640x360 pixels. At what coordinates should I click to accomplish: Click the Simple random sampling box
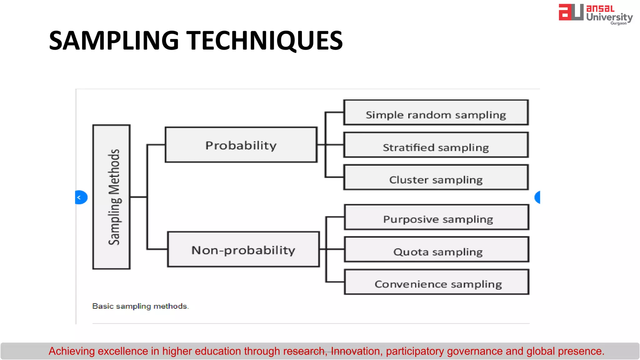(436, 113)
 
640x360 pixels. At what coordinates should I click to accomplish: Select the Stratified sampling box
(436, 145)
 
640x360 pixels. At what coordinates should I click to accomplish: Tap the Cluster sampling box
(436, 177)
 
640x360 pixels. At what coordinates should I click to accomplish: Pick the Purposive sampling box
(437, 217)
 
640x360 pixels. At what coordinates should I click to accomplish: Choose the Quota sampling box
(437, 250)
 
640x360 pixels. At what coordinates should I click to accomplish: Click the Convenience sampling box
(437, 282)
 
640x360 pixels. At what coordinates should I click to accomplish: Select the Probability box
(241, 145)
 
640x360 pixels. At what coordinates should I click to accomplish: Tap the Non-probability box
(243, 249)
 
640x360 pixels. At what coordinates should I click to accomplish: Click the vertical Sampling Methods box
(112, 197)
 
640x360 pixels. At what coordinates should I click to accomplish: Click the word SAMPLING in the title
(114, 41)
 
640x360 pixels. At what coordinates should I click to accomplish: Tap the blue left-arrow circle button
(81, 197)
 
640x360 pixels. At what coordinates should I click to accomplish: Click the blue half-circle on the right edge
(537, 197)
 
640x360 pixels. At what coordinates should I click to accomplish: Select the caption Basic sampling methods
(140, 306)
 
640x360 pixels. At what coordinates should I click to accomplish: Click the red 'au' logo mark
(571, 12)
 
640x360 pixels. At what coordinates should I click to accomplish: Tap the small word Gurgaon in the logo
(618, 23)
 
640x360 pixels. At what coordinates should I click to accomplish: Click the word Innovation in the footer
(355, 351)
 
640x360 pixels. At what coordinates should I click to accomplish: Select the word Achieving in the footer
(72, 351)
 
